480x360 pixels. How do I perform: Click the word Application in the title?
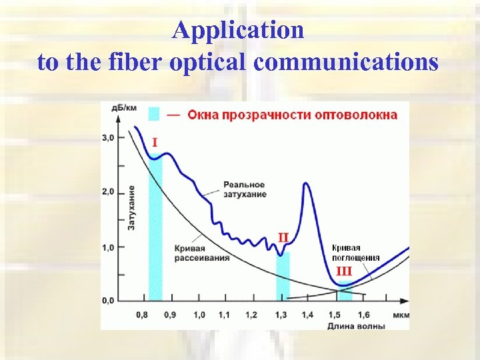(238, 30)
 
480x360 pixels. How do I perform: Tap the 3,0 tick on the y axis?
(107, 138)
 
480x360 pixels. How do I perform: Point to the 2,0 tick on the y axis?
(107, 192)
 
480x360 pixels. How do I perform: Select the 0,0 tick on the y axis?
(107, 301)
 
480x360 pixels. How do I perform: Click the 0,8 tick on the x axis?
(142, 314)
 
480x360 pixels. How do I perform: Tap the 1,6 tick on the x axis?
(363, 314)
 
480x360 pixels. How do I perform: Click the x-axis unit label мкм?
(401, 314)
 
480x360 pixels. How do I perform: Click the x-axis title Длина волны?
(357, 325)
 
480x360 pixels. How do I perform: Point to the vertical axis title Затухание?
(132, 208)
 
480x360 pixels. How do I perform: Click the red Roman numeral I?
(155, 142)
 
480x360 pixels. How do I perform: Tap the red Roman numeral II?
(283, 237)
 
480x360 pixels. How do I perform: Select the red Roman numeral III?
(343, 271)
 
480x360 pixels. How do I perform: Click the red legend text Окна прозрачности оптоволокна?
(292, 114)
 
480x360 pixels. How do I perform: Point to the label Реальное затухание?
(245, 189)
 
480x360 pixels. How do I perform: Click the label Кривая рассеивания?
(202, 253)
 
